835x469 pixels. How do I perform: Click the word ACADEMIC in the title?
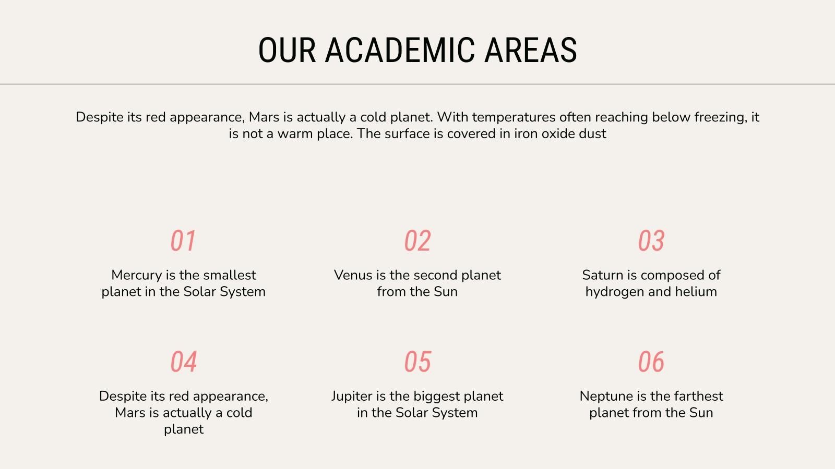click(x=400, y=50)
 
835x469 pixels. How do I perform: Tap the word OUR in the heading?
click(x=287, y=50)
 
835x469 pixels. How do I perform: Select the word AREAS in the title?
click(x=531, y=50)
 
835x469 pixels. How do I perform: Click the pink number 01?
click(x=183, y=241)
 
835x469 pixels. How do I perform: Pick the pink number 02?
click(x=417, y=241)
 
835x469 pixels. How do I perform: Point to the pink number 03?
click(x=651, y=241)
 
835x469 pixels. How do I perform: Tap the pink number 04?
click(x=183, y=362)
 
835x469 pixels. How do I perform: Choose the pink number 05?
click(x=417, y=362)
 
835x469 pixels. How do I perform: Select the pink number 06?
click(x=651, y=362)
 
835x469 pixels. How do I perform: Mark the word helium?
click(x=696, y=292)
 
